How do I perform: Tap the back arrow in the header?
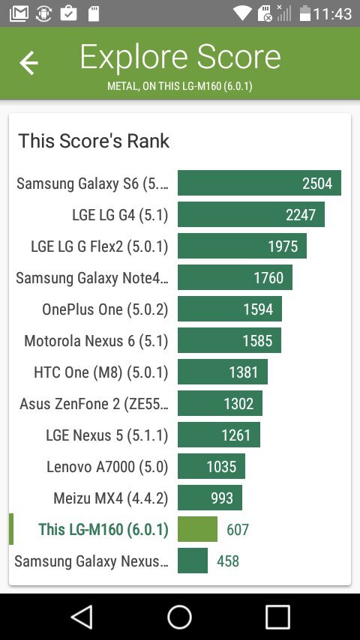pos(28,63)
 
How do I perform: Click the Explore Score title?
pos(180,57)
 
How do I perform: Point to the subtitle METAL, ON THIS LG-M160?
pos(180,86)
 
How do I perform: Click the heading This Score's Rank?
pos(94,141)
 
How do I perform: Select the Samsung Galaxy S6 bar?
pos(259,184)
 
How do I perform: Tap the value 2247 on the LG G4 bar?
pos(301,215)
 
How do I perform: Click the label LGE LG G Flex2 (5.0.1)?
pos(99,247)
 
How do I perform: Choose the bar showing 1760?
pos(235,278)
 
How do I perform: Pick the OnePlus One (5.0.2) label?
pos(105,310)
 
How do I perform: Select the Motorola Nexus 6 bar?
pos(229,341)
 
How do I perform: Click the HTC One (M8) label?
pos(101,372)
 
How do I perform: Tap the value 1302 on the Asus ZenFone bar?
pos(238,404)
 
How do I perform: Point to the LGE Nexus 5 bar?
pos(218,435)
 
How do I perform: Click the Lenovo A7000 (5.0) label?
pos(107,467)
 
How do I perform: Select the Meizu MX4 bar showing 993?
pos(210,498)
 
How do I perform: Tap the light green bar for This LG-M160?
pos(197,530)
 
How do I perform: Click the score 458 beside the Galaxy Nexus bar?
pos(228,561)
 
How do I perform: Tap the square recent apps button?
pos(277,617)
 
